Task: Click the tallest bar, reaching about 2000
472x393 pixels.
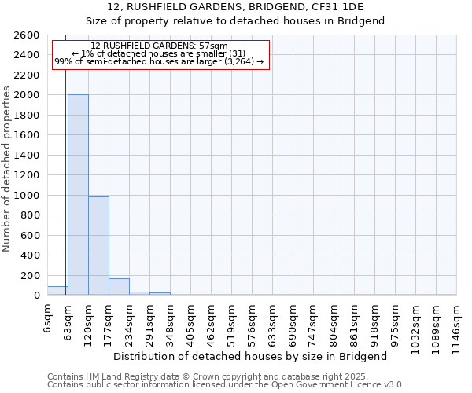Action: [x=78, y=195]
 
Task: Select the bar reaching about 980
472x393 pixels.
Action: [x=98, y=246]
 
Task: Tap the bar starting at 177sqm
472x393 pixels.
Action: [x=119, y=287]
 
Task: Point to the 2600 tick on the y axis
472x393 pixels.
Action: [x=28, y=35]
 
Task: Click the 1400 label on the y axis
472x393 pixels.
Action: [x=28, y=156]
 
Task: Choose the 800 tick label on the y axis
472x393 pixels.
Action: [x=31, y=215]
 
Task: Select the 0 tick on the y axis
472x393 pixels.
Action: [x=37, y=296]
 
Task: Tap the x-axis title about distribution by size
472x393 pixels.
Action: [x=250, y=356]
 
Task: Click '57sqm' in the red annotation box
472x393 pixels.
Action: [x=213, y=46]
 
